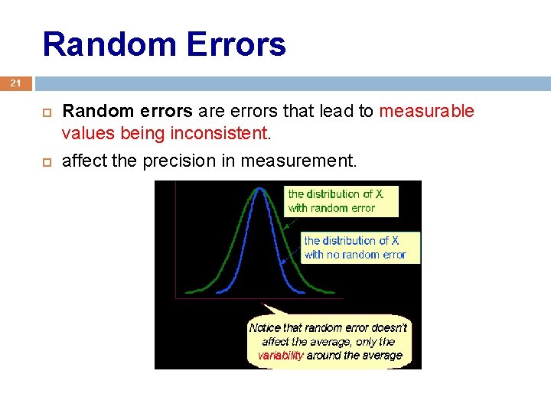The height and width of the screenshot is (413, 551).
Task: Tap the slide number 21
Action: pos(16,83)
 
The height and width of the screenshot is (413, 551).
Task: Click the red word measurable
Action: pos(426,112)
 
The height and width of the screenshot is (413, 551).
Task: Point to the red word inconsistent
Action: pos(218,134)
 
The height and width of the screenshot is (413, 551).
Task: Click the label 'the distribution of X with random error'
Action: pos(335,200)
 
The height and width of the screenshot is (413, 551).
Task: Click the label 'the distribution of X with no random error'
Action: pos(354,247)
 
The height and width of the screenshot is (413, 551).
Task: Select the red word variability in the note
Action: pos(280,356)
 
